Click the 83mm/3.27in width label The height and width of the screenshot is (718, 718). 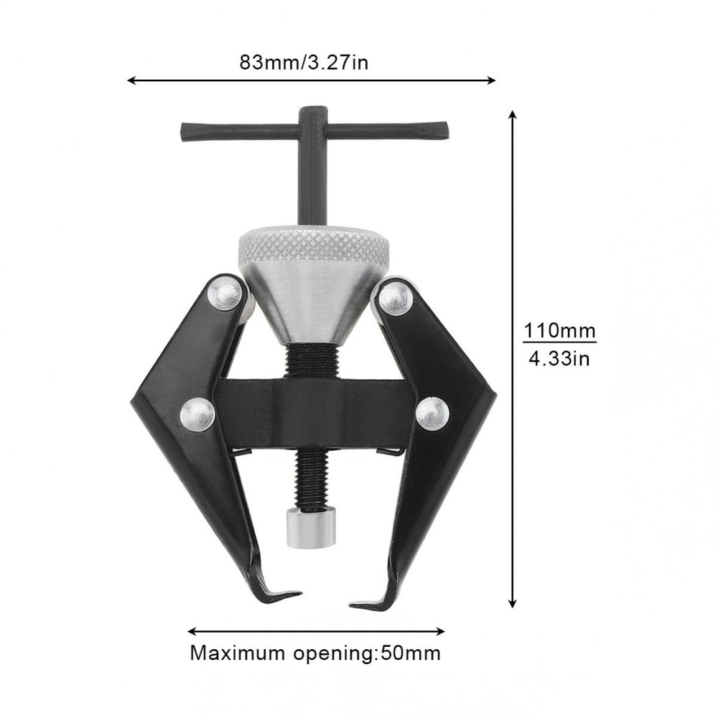coord(304,62)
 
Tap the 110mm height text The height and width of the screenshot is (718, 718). coord(559,331)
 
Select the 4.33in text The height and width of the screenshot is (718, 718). coord(559,358)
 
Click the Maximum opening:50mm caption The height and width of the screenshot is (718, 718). coord(315,653)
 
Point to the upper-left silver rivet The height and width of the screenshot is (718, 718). coord(225,294)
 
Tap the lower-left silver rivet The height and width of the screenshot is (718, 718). coord(197,414)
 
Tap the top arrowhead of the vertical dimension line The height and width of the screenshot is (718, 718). coord(512,116)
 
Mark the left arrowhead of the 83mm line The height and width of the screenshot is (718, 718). coord(131,80)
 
